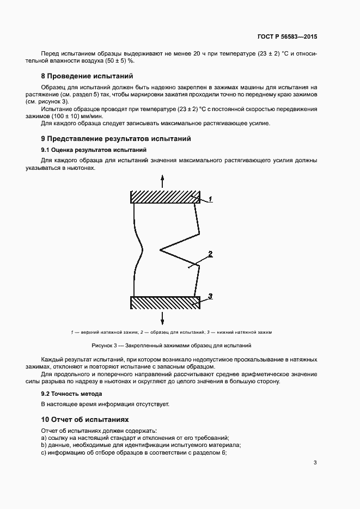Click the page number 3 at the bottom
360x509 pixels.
tap(315, 463)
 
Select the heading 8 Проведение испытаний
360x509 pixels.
tap(87, 76)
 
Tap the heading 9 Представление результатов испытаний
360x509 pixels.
tap(116, 139)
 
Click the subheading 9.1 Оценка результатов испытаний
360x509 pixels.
tap(93, 149)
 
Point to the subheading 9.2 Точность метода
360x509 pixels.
tap(72, 393)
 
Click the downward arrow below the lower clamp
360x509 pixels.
tap(161, 317)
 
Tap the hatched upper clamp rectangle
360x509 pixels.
tap(166, 197)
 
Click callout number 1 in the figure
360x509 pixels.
tap(210, 200)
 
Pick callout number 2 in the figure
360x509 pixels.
tap(210, 254)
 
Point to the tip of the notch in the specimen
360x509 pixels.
tap(160, 250)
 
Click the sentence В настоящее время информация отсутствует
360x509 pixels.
tap(106, 404)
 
